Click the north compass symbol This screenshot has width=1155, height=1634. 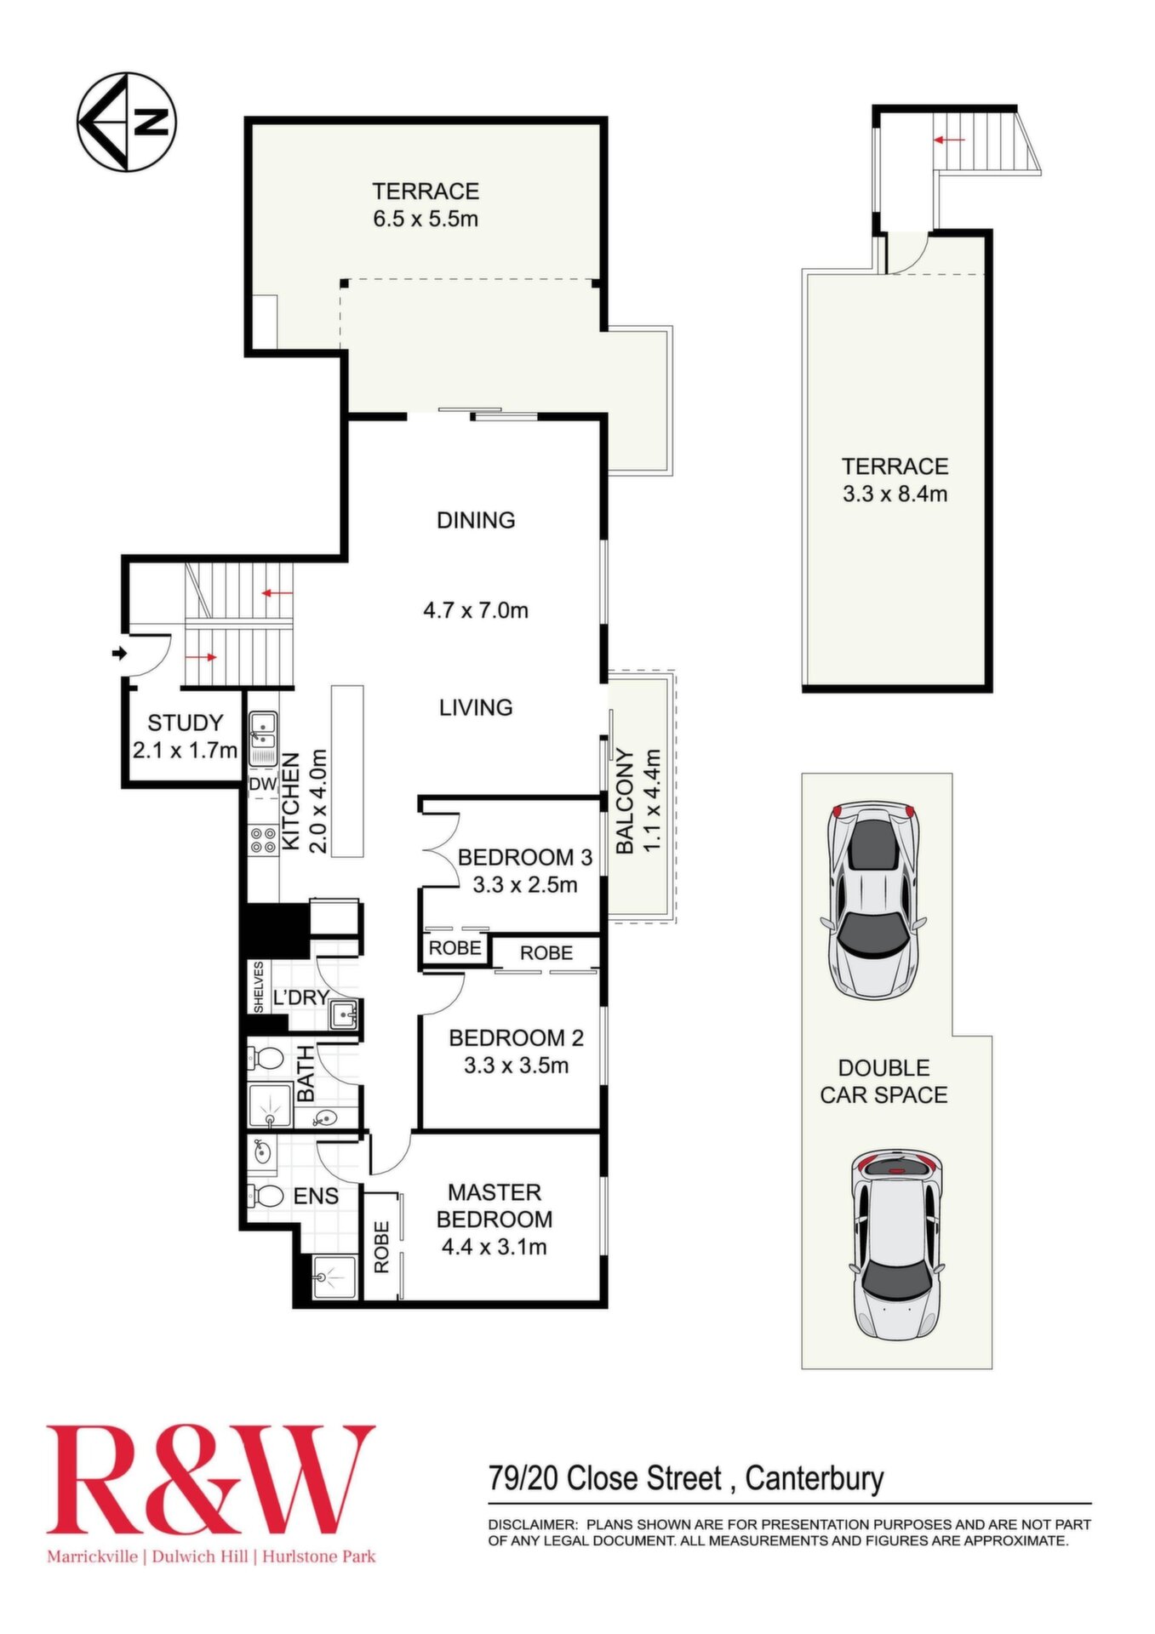coord(126,122)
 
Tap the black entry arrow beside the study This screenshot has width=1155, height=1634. coord(119,654)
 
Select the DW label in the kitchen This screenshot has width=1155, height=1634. coord(263,784)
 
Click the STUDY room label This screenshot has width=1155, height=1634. coord(185,723)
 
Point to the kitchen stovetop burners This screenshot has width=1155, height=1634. coord(263,841)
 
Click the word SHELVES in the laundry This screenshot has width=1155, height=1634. coord(258,986)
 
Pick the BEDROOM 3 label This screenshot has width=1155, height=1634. coord(524,857)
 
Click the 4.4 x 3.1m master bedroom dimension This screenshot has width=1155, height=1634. coord(494,1247)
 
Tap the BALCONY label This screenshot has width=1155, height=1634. coord(625,801)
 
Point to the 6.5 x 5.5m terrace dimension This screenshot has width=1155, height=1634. coord(426,219)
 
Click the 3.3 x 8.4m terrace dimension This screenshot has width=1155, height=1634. coord(895,494)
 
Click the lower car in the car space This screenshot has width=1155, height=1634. coord(897,1245)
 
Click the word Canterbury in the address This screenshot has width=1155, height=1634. coord(815,1478)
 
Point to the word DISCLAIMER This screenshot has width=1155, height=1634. coord(533,1524)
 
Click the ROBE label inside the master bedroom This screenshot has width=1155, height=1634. coord(381,1248)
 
